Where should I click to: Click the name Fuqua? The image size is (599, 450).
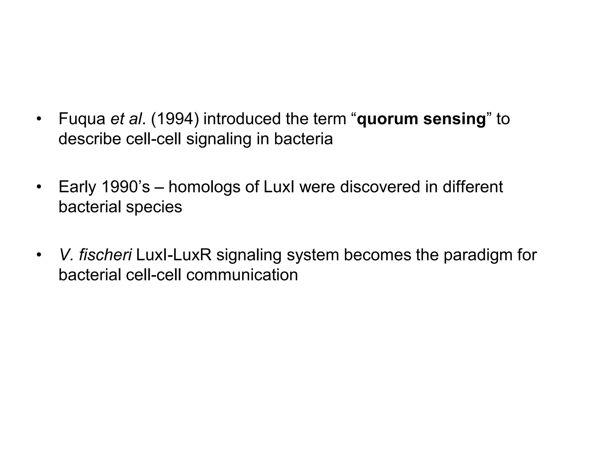click(82, 119)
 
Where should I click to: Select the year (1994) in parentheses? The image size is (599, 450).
click(175, 119)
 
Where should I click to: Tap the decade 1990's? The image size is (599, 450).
click(125, 187)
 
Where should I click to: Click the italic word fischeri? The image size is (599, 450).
click(105, 255)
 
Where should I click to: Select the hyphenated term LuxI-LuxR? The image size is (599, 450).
click(173, 255)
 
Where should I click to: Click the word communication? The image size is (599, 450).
click(242, 275)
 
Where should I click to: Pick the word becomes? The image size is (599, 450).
click(377, 255)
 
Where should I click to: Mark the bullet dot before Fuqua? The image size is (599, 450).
click(39, 120)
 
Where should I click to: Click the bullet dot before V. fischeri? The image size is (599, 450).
click(39, 255)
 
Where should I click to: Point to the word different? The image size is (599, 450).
click(473, 187)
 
